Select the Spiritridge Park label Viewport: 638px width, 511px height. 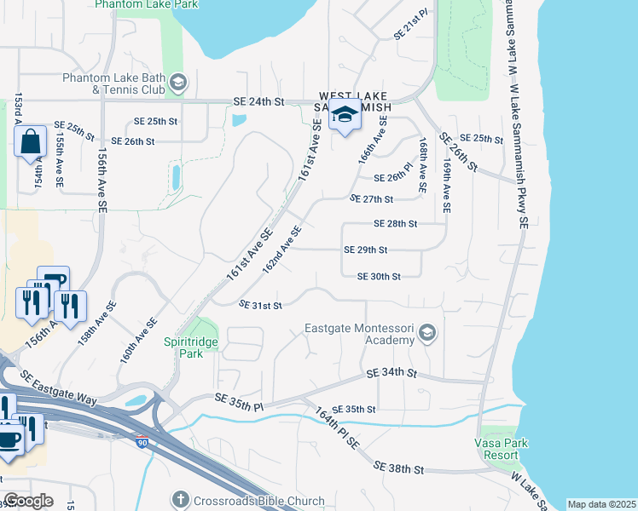[x=184, y=347]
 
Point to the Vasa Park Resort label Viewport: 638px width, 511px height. [x=502, y=449]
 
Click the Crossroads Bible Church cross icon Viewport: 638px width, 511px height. [x=180, y=498]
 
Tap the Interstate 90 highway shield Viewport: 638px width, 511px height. [x=141, y=442]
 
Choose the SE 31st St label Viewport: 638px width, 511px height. [x=260, y=305]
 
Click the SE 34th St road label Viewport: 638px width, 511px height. [x=391, y=373]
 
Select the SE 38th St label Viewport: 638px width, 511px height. [x=399, y=468]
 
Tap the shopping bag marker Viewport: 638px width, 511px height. [x=30, y=141]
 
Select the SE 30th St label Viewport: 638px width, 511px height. [x=378, y=276]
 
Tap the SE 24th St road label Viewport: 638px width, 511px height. [x=258, y=102]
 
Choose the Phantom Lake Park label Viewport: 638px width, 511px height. [x=147, y=4]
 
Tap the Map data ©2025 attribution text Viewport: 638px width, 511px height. [x=601, y=504]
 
